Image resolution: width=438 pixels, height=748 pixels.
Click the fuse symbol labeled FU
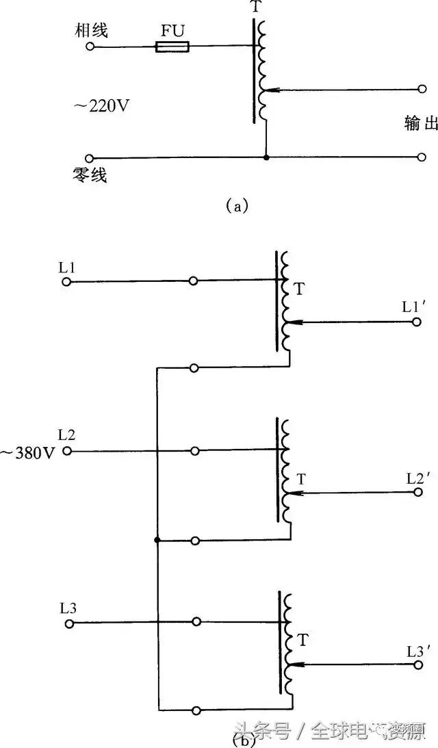[x=172, y=47]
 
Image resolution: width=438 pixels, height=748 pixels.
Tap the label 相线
[x=93, y=30]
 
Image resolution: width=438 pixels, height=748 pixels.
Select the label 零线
[x=93, y=175]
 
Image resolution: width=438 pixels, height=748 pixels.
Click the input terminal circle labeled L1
[x=66, y=281]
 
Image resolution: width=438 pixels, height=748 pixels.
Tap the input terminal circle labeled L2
[x=66, y=451]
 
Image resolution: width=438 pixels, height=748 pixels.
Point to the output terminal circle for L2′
[x=417, y=492]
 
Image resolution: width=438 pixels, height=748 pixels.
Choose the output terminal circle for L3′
[x=417, y=664]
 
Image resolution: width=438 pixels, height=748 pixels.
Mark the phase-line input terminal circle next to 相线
[x=90, y=47]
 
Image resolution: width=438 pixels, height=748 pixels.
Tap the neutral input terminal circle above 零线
[x=90, y=157]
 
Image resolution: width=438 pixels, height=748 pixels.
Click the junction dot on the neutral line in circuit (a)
[x=266, y=157]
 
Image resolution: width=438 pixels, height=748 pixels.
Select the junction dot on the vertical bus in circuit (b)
[x=157, y=541]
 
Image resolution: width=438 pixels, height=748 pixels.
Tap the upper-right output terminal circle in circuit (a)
[x=422, y=89]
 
